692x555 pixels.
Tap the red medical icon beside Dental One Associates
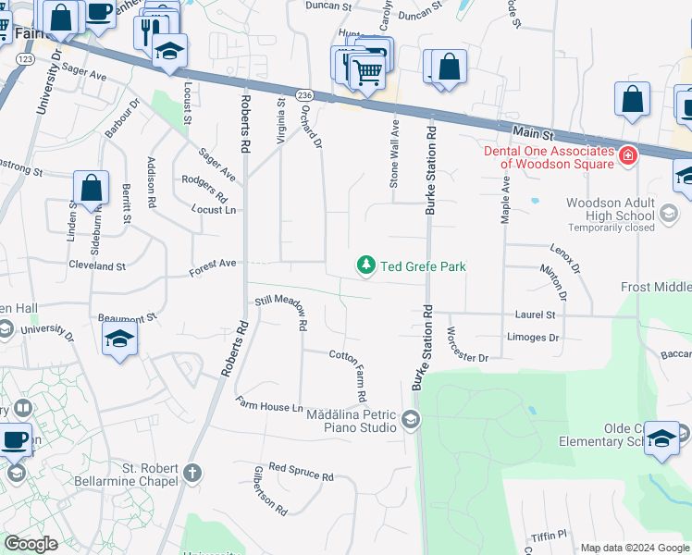(x=628, y=156)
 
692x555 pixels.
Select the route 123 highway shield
(x=25, y=58)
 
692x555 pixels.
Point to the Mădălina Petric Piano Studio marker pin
(x=411, y=422)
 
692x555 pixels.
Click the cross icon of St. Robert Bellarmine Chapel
(x=192, y=475)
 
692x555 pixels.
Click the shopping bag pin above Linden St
(x=92, y=188)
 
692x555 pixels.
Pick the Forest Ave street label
(x=213, y=266)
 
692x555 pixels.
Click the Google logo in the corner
(x=31, y=544)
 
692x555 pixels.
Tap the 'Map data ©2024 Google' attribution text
(x=635, y=548)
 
